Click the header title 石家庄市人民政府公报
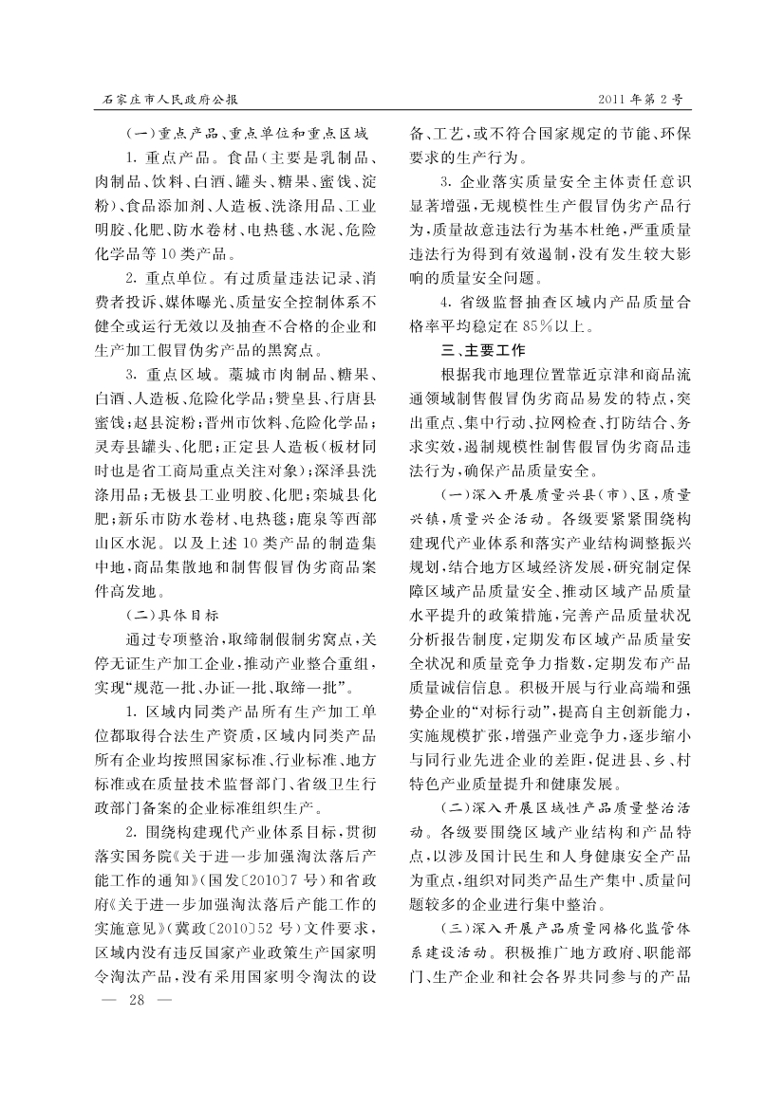tap(170, 99)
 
